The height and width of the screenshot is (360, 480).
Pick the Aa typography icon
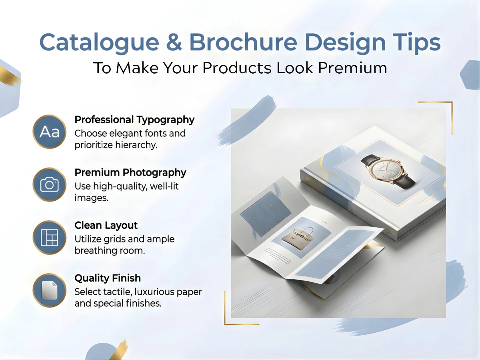pos(49,132)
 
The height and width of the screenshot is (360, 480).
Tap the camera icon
pos(49,184)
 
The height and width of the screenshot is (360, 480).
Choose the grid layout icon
pos(49,238)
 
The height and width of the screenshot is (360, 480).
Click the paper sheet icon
pos(49,290)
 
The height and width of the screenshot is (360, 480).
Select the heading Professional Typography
pos(134,120)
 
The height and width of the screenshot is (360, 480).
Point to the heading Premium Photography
pos(130,172)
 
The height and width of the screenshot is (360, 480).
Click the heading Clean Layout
pos(106,225)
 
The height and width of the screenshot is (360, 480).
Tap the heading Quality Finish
pos(108,278)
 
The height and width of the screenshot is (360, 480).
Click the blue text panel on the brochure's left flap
pos(265,214)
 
